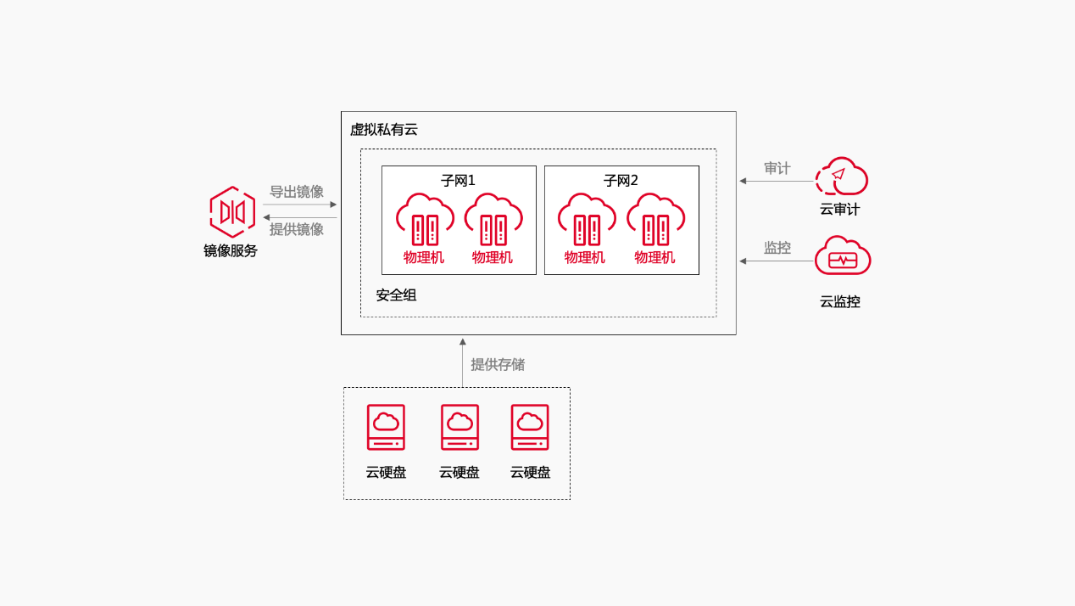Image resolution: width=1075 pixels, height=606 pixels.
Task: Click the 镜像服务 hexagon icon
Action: click(232, 211)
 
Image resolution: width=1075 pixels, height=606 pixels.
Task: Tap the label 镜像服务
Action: click(231, 250)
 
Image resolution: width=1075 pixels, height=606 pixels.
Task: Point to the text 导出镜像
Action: click(297, 192)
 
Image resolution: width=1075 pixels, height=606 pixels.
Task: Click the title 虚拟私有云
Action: click(384, 130)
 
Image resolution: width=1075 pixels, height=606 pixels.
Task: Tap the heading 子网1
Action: click(458, 181)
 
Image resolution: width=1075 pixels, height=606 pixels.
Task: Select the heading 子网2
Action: click(621, 181)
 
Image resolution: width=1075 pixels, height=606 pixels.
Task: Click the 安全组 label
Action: click(396, 295)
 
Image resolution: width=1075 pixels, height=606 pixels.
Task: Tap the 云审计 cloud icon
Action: click(841, 177)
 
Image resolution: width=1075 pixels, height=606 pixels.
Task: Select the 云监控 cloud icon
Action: click(842, 256)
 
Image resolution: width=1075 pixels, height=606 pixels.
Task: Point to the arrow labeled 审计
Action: click(776, 181)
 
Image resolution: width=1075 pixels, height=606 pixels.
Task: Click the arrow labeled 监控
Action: click(776, 261)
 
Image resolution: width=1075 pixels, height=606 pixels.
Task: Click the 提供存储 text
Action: click(498, 365)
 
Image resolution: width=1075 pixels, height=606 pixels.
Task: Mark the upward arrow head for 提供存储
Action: click(462, 342)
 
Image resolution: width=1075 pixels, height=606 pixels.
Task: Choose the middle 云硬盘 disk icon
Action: click(460, 427)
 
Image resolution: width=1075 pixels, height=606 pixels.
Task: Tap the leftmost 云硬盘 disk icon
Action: click(386, 427)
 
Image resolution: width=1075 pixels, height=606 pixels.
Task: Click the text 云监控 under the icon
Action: click(840, 301)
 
